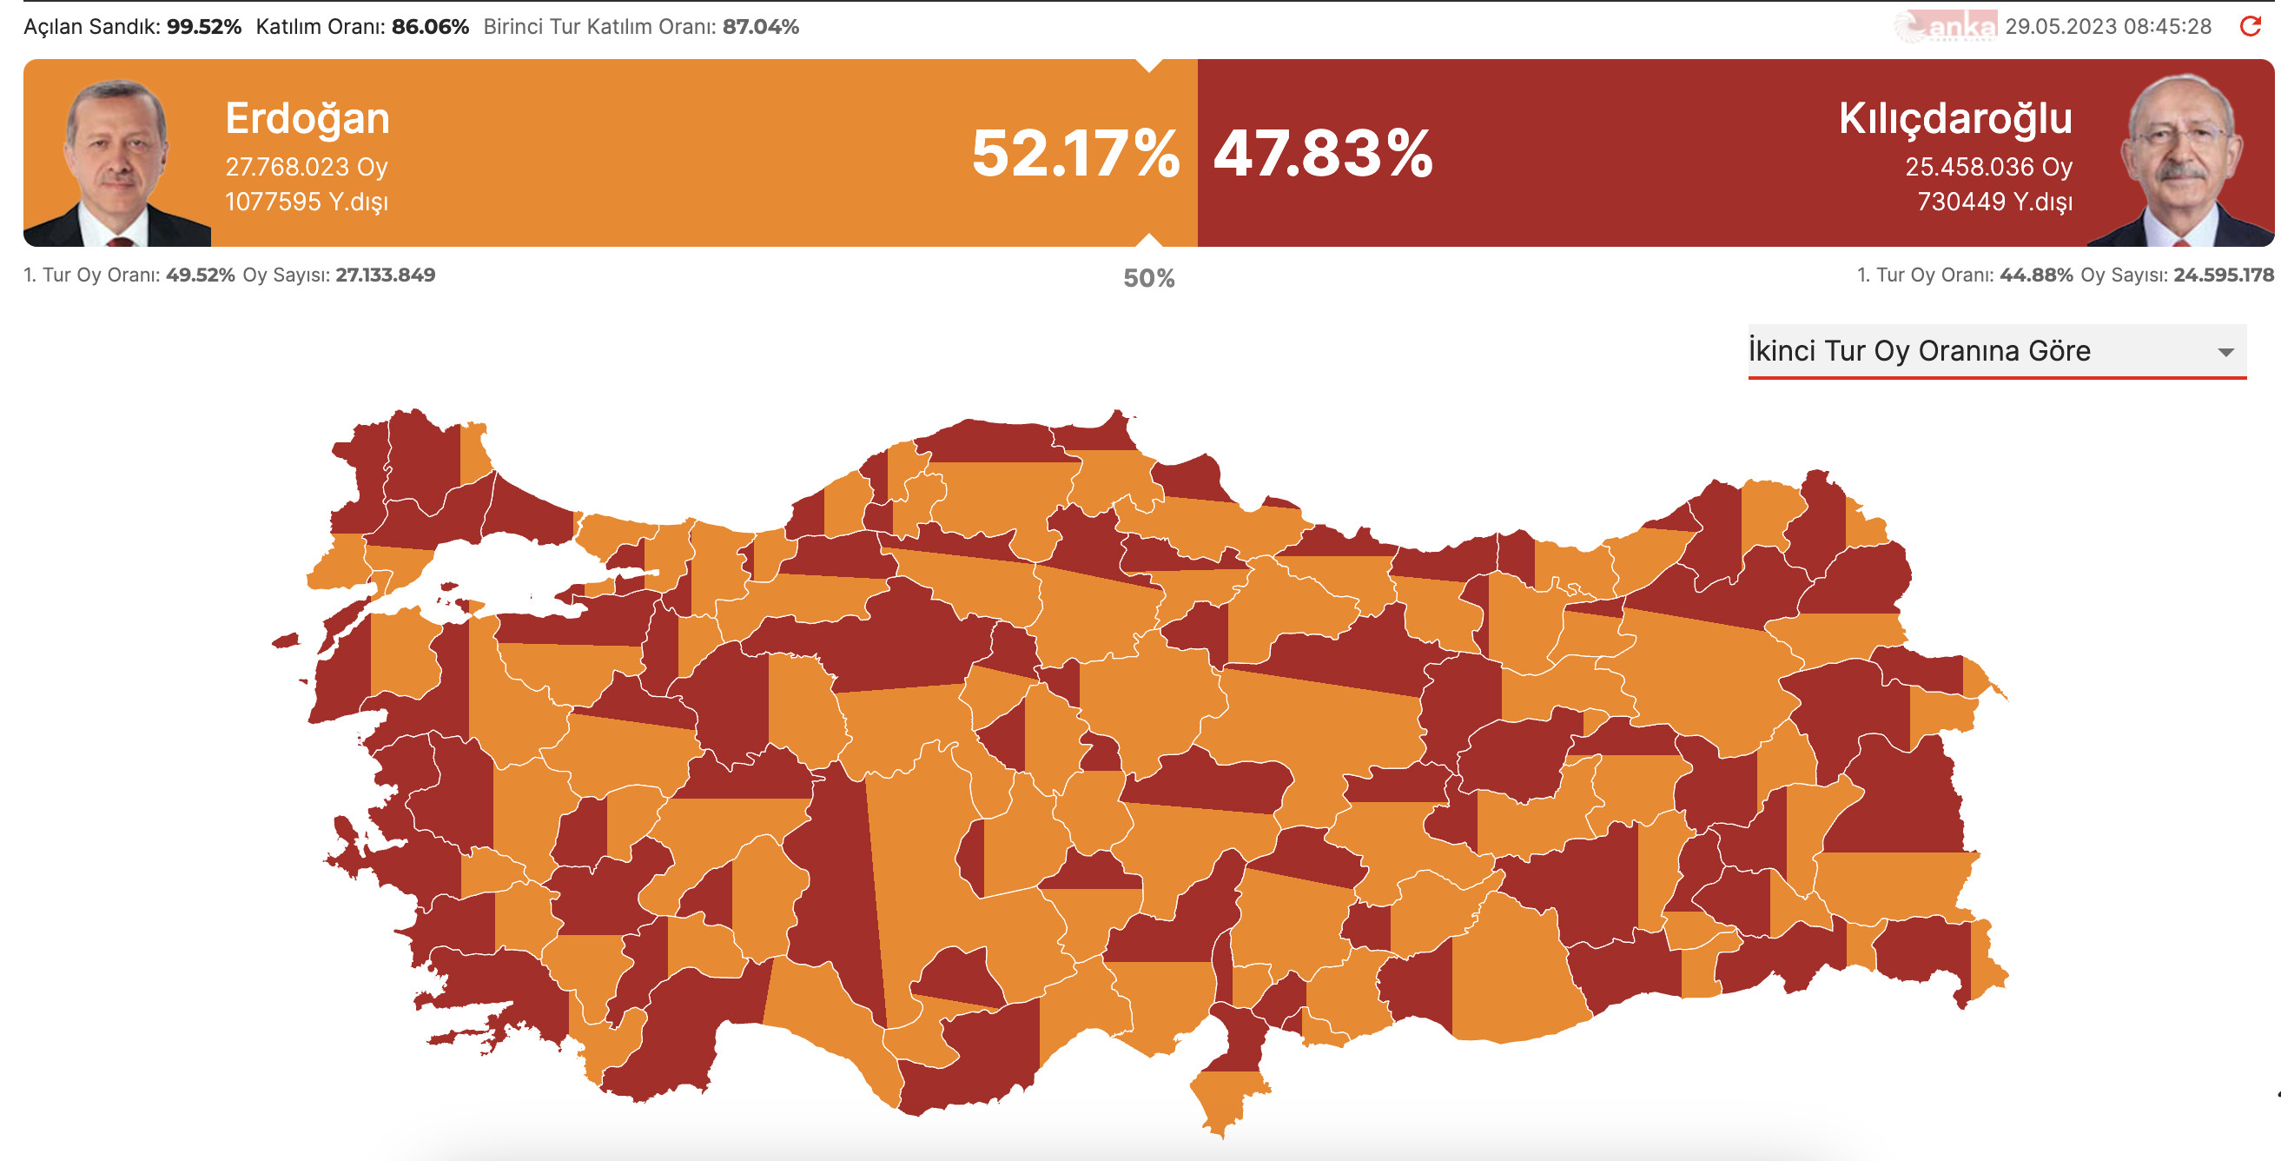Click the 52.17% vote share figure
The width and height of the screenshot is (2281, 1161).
coord(1075,153)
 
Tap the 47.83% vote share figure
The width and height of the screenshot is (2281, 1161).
coord(1323,153)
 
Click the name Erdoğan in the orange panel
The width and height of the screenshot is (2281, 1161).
coord(307,119)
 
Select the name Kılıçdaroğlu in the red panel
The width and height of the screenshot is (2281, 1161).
coord(1955,119)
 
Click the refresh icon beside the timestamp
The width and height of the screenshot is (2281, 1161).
coord(2251,27)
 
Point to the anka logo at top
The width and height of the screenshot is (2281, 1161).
coord(1947,27)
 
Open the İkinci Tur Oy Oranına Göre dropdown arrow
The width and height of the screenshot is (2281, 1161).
coord(2226,353)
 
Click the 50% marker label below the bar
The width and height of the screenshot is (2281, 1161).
coord(1148,279)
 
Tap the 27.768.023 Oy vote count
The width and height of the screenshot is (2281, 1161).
coord(307,167)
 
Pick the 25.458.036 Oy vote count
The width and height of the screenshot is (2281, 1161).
coord(1989,167)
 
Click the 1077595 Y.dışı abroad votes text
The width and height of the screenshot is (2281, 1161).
coord(307,202)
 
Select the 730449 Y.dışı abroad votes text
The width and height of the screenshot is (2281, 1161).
coord(1994,202)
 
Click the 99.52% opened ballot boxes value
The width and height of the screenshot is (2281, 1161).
coord(203,27)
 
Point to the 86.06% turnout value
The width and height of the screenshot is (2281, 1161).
coord(430,27)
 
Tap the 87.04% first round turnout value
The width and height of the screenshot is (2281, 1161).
coord(761,27)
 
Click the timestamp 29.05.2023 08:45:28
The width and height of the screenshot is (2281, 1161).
coord(2108,27)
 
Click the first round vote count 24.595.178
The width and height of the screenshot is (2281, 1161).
coord(2223,275)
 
